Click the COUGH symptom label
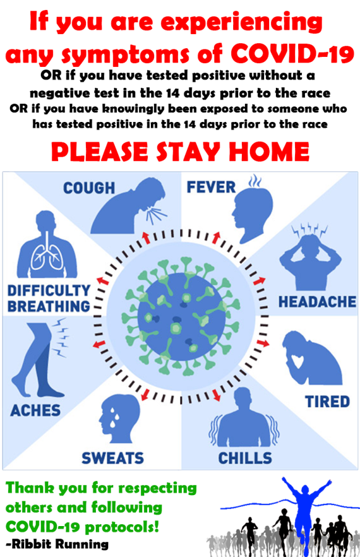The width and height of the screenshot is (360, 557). click(x=88, y=188)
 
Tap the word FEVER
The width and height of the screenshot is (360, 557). click(x=212, y=187)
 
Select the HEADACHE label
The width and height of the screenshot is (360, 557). click(x=317, y=301)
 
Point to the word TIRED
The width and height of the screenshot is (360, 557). click(x=327, y=402)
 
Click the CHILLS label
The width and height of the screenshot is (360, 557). click(x=245, y=458)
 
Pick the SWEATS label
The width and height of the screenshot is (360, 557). click(x=113, y=458)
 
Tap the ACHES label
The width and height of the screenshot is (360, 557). click(x=35, y=410)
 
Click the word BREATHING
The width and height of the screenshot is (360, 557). click(x=49, y=306)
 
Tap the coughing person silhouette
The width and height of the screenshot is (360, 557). click(x=129, y=206)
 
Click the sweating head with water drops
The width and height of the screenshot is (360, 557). click(x=119, y=418)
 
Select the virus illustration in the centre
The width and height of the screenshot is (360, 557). click(x=181, y=316)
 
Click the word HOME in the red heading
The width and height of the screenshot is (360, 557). click(x=269, y=152)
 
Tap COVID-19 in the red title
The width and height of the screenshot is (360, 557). click(x=293, y=54)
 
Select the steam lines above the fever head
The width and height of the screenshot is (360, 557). click(x=255, y=181)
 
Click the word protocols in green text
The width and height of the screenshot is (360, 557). click(x=122, y=527)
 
